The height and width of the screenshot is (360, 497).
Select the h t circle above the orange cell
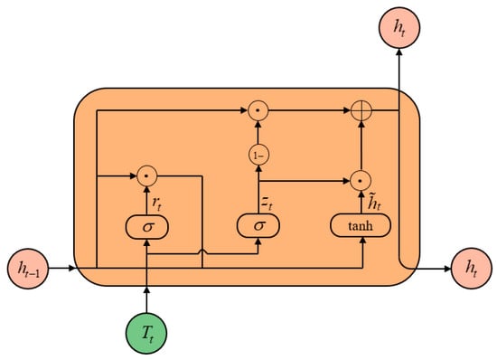point(399,28)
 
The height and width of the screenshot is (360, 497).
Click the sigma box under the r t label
point(145,224)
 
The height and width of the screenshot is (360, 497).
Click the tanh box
point(363,224)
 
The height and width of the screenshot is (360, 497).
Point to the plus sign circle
point(363,111)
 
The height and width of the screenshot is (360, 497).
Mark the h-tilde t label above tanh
point(375,199)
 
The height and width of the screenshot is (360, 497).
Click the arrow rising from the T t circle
point(145,295)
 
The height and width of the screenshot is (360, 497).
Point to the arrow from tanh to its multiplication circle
point(363,200)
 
